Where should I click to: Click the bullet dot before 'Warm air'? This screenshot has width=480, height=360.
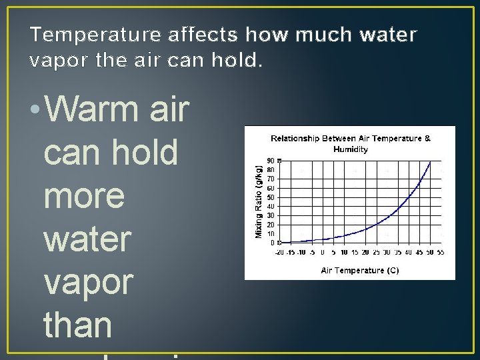coord(35,110)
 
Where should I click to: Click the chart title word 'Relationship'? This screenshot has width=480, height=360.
coord(300,139)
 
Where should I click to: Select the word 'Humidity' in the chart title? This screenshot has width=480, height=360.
coord(351,149)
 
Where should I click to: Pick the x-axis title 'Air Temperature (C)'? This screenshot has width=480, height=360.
coord(360,271)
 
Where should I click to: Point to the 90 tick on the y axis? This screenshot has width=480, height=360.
coord(270,161)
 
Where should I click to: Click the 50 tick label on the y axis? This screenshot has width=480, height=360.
coord(270,197)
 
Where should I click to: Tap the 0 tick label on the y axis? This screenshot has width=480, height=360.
coord(272,243)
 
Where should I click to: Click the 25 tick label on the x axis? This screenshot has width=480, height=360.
coord(376,252)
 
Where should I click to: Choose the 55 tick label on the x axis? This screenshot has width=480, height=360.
coord(440,252)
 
